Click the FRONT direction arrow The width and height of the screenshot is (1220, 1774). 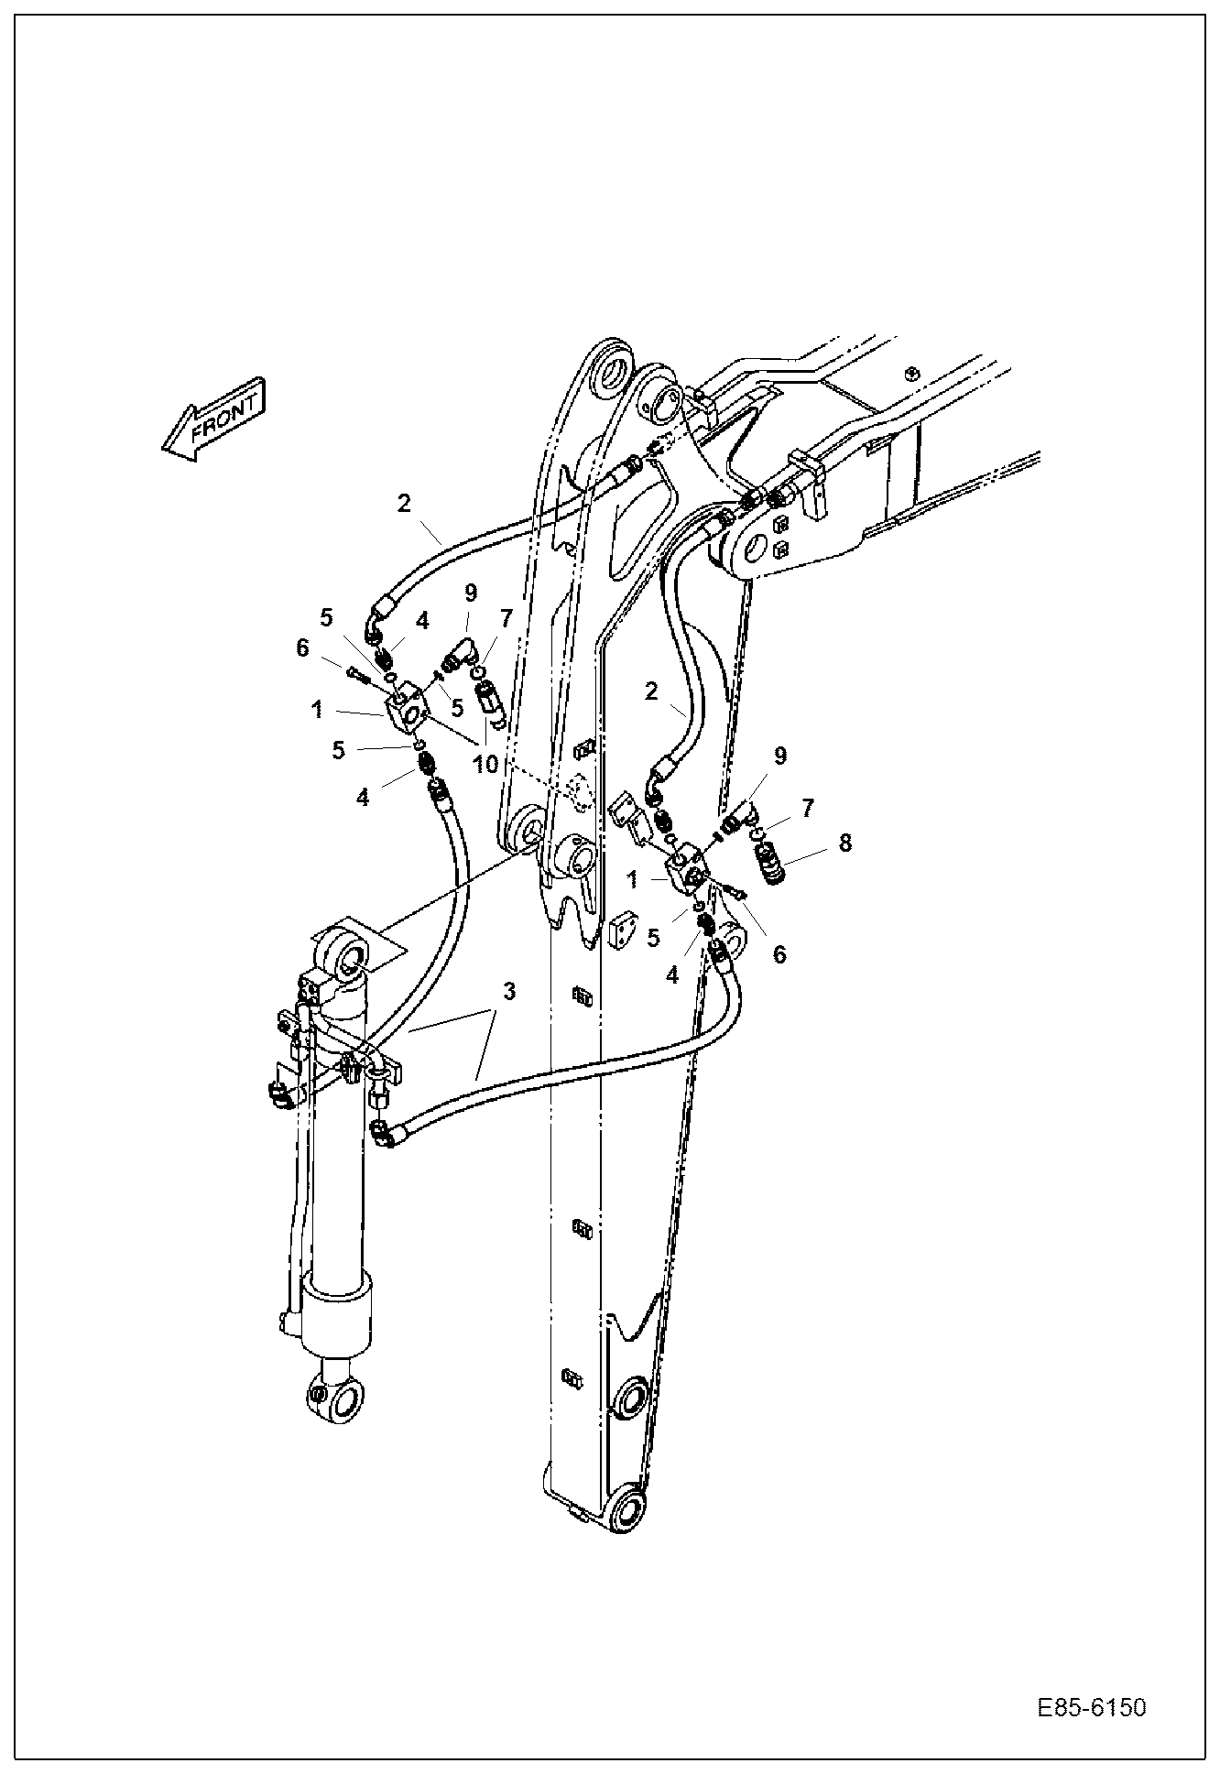coord(214,419)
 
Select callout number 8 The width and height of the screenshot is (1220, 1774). coord(844,843)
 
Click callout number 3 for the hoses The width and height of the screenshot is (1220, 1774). coord(509,991)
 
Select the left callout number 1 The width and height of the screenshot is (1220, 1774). coord(317,708)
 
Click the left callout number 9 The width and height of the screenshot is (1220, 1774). coord(471,593)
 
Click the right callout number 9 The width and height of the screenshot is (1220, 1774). coord(780,756)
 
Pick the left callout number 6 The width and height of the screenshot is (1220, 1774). coord(302,648)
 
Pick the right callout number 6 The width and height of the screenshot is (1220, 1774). coord(779,954)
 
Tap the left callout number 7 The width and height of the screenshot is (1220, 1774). coord(506,617)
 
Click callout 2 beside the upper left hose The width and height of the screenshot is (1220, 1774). coord(404,502)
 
